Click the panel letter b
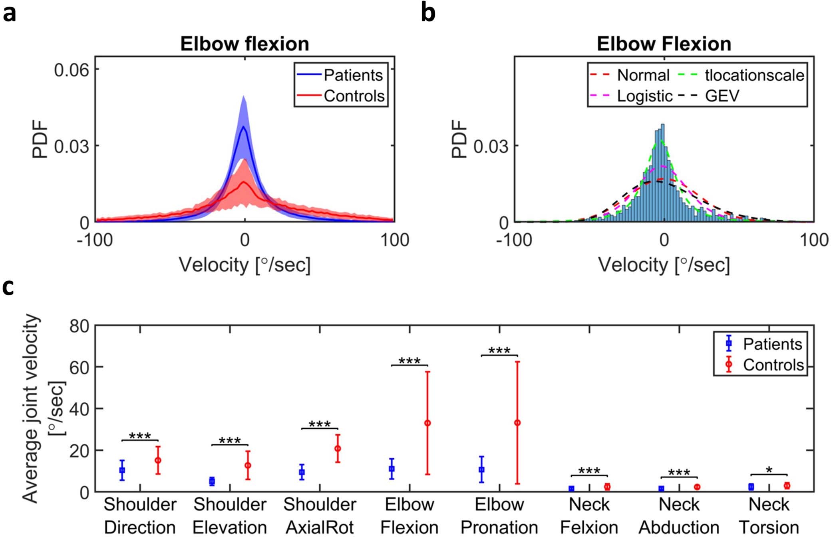coord(428,14)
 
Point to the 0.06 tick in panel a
coord(72,70)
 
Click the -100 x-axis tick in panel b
coord(514,240)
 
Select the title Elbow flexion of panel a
coord(245,44)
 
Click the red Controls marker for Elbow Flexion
coord(427,423)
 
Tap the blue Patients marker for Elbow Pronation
coord(481,469)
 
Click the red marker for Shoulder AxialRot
coord(338,449)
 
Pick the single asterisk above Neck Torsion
coord(769,471)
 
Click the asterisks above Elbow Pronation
coord(499,351)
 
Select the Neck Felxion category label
coord(589,515)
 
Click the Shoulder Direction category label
coord(140,515)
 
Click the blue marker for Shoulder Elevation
coord(212,481)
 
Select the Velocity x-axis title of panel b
coord(664,265)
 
